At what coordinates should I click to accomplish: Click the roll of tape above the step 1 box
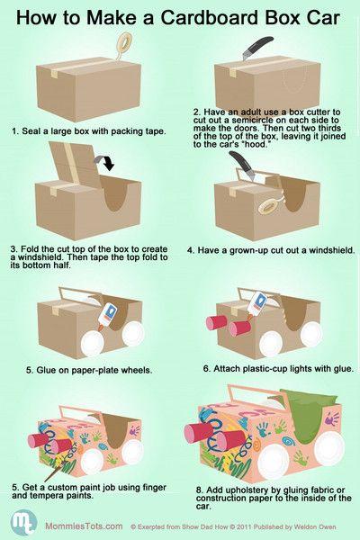[123, 43]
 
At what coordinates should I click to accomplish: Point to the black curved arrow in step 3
[104, 163]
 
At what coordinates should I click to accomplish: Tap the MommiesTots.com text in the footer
[84, 526]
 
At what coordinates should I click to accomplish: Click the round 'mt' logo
[23, 524]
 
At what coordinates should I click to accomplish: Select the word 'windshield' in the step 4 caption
[331, 250]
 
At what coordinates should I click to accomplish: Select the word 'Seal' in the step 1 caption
[30, 131]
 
